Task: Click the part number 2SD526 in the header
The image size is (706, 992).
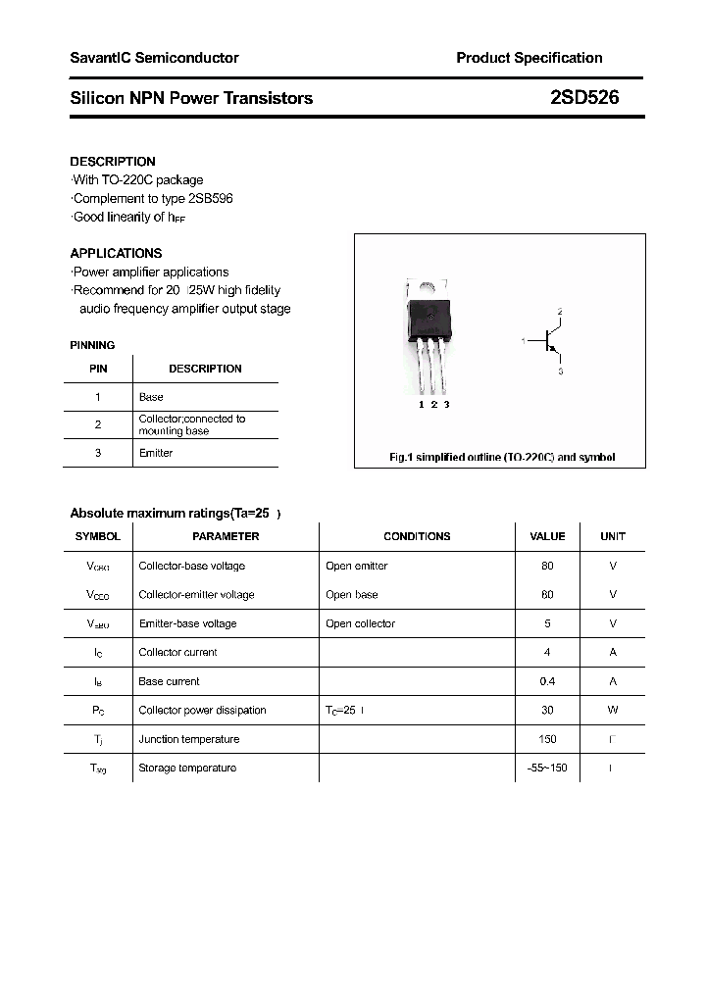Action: tap(583, 98)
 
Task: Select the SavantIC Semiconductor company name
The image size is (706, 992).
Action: tap(154, 58)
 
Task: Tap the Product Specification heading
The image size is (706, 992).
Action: tap(529, 58)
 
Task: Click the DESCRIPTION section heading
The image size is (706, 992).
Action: tap(113, 162)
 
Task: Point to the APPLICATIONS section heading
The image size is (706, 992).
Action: tap(116, 253)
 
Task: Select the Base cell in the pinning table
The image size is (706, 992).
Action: tap(151, 397)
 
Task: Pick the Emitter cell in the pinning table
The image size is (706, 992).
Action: tap(156, 453)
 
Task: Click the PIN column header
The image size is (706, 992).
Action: tap(98, 369)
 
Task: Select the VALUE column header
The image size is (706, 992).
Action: tap(547, 536)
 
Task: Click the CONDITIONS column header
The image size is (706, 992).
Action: tap(417, 536)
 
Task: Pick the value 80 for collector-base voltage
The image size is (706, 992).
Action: tap(547, 566)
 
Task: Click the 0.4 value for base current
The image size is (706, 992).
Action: tap(547, 681)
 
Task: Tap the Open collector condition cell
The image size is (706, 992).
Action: tap(360, 623)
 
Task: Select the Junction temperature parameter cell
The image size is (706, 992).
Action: tap(187, 739)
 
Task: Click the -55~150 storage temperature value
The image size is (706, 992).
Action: tap(547, 768)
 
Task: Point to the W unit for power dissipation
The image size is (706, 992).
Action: tap(613, 710)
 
